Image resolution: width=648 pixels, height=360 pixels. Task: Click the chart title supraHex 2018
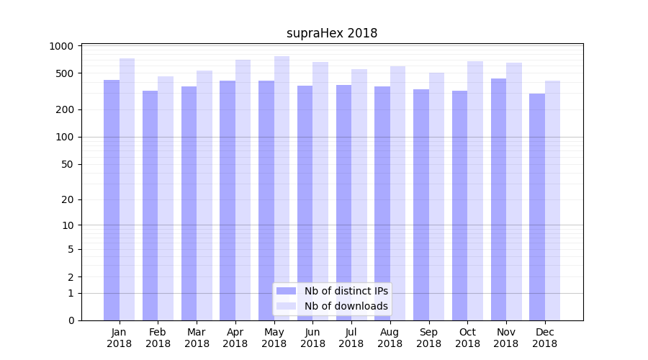[x=332, y=33]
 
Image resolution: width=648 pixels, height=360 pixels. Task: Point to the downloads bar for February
[x=166, y=198]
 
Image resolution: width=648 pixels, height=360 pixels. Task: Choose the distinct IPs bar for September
[x=421, y=204]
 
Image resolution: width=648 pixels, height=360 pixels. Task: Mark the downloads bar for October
[x=475, y=191]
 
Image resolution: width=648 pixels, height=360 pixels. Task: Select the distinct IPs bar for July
[x=343, y=202]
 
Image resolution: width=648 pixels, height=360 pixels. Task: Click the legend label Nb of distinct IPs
[x=346, y=291]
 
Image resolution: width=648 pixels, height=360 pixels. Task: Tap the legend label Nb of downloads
[x=346, y=306]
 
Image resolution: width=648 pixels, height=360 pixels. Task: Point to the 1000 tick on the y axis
[x=62, y=46]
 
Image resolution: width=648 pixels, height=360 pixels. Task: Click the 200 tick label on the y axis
[x=65, y=109]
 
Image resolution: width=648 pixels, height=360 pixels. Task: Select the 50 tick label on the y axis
[x=67, y=164]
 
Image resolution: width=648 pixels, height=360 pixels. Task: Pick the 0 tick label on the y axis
[x=71, y=320]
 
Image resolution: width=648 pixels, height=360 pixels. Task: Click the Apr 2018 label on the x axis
[x=235, y=338]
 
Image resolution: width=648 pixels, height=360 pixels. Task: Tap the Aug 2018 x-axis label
[x=390, y=338]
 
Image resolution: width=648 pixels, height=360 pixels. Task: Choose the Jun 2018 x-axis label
[x=312, y=338]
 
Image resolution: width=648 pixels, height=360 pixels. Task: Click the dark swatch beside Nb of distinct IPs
[x=287, y=291]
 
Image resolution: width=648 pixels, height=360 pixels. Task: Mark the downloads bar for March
[x=204, y=195]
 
